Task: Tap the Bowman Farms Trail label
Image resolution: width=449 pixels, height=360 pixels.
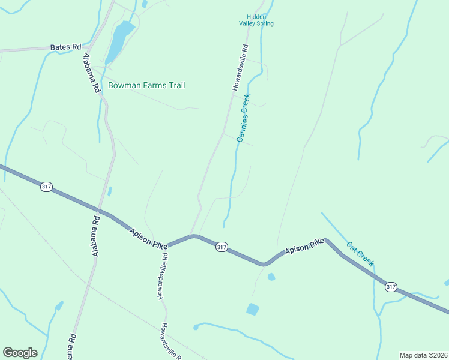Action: [x=146, y=86]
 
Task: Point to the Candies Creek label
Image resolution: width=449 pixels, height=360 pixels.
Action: [x=243, y=118]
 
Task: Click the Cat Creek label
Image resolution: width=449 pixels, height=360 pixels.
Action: [x=360, y=254]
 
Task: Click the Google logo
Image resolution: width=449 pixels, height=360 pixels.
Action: [x=20, y=353]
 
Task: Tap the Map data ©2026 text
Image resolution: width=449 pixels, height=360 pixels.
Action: [x=423, y=355]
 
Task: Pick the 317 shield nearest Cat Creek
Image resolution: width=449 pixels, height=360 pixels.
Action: [x=391, y=287]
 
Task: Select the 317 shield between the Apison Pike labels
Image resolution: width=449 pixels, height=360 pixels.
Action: [x=221, y=247]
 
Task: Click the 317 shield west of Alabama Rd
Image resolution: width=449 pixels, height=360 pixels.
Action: [x=46, y=187]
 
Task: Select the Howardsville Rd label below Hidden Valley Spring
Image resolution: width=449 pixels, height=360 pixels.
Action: [x=240, y=67]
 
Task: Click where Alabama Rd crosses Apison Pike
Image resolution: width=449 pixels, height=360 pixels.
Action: [x=99, y=211]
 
